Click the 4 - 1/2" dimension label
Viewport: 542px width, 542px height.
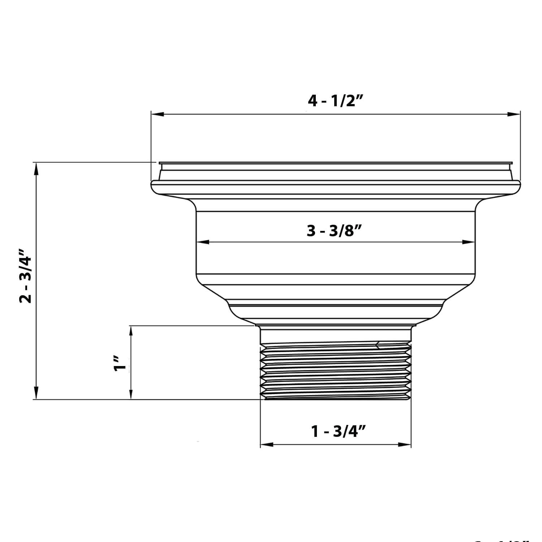335,101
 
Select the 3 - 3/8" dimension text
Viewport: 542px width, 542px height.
334,231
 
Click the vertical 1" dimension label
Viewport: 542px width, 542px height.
120,364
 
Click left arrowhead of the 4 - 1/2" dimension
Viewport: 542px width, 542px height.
158,114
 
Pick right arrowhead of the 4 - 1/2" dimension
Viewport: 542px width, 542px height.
513,114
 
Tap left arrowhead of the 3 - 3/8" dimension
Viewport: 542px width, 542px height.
203,242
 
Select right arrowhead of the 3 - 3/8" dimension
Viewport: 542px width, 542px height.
468,242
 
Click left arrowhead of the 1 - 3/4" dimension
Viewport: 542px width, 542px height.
267,444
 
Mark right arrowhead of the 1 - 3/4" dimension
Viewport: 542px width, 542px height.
405,444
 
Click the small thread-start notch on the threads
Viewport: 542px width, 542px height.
378,345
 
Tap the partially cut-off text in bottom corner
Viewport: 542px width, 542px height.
506,539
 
